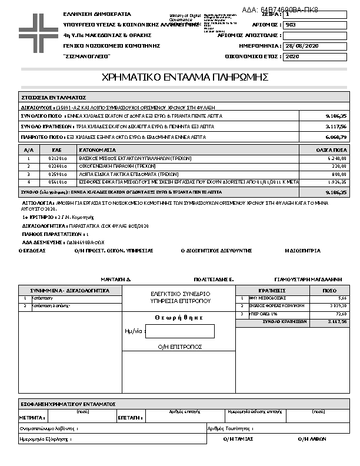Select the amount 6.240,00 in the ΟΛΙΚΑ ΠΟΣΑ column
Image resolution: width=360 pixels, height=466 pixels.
336,158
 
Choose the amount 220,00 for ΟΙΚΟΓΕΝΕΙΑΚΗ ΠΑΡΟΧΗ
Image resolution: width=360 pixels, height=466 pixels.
338,167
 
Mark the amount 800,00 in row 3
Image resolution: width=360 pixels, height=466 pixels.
338,175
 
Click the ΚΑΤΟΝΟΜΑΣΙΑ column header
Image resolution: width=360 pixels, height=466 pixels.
98,150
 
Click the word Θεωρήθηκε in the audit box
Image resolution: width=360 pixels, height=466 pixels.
180,317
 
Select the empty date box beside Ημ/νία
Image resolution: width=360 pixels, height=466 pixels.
179,331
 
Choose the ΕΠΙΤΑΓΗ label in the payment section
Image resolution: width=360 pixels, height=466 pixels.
129,417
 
